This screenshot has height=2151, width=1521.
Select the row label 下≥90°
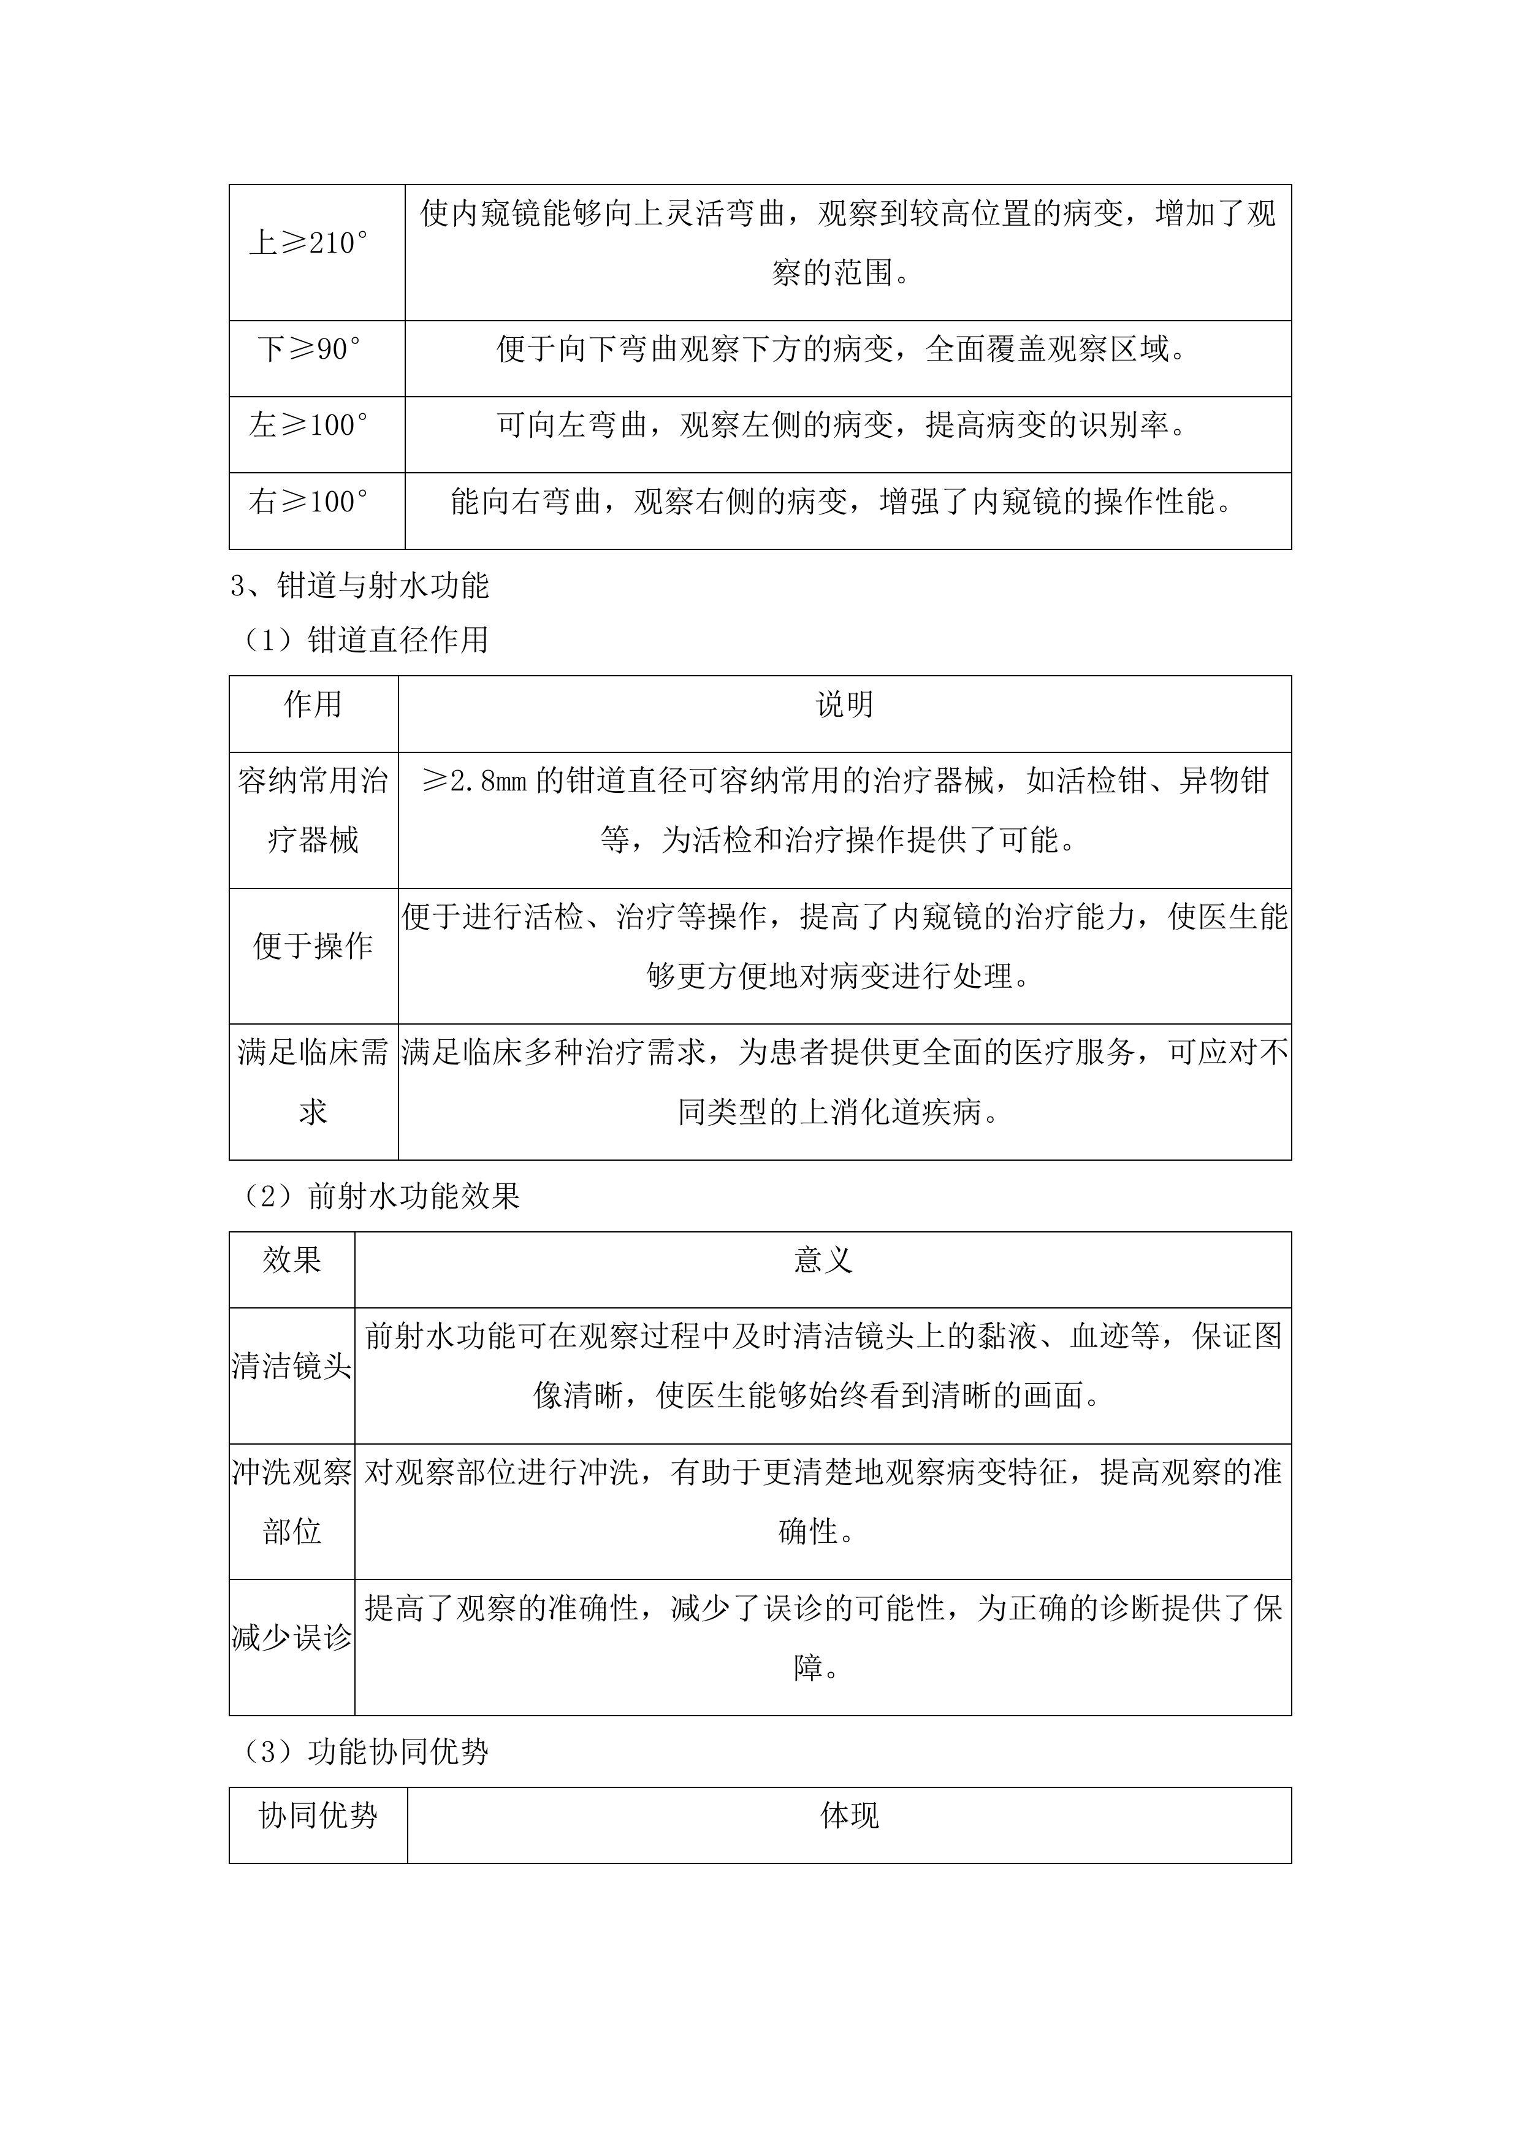[308, 350]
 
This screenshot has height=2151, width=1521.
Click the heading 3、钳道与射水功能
[360, 586]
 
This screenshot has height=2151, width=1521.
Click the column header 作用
[313, 705]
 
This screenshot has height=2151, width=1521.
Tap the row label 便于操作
[313, 946]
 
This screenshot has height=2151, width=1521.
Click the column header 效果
[291, 1260]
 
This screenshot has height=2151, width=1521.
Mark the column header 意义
[822, 1260]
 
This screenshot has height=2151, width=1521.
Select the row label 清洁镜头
[291, 1366]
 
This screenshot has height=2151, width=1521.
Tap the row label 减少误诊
[291, 1638]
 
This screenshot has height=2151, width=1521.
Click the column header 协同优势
[318, 1816]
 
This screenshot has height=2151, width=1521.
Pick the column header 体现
[848, 1816]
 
